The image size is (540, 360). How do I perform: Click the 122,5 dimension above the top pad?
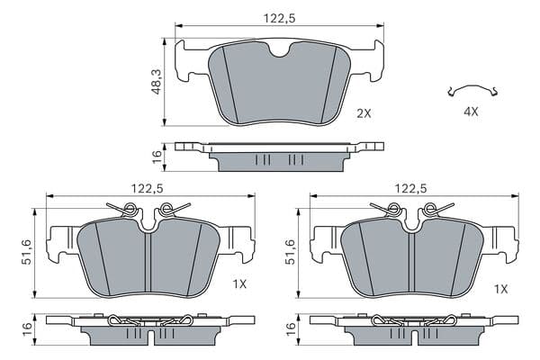279,18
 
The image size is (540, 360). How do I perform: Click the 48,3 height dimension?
157,82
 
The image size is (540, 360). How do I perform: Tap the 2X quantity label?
364,113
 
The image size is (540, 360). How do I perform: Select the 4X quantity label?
471,112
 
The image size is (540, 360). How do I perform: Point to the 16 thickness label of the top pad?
157,157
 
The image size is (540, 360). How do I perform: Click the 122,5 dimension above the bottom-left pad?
147,188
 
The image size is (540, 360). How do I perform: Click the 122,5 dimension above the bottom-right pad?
410,188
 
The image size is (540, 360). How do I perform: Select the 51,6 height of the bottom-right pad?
291,252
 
